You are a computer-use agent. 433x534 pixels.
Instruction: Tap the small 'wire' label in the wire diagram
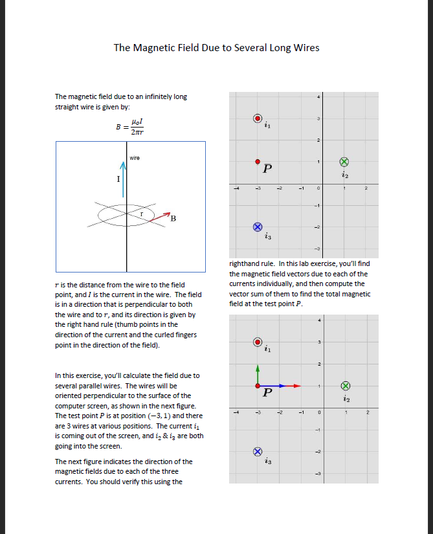[135, 157]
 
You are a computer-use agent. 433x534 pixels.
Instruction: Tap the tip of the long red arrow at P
[300, 386]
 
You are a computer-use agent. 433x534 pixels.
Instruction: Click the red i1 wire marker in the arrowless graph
[258, 118]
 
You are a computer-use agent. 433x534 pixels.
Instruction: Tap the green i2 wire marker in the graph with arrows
[345, 386]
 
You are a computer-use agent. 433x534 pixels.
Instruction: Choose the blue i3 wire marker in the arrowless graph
[258, 227]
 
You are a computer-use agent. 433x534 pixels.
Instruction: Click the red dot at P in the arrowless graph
[258, 161]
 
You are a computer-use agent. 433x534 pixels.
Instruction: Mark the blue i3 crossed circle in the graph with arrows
[258, 451]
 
